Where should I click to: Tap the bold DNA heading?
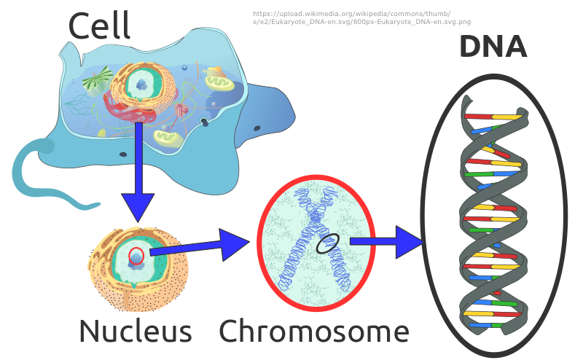tap(493, 47)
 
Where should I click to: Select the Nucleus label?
tap(135, 331)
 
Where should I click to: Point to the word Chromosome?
tap(314, 331)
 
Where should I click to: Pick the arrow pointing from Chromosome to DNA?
tap(386, 242)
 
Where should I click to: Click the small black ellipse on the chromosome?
tap(328, 243)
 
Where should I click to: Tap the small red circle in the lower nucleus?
tap(136, 255)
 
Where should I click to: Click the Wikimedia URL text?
tap(361, 18)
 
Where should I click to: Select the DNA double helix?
tap(493, 219)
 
